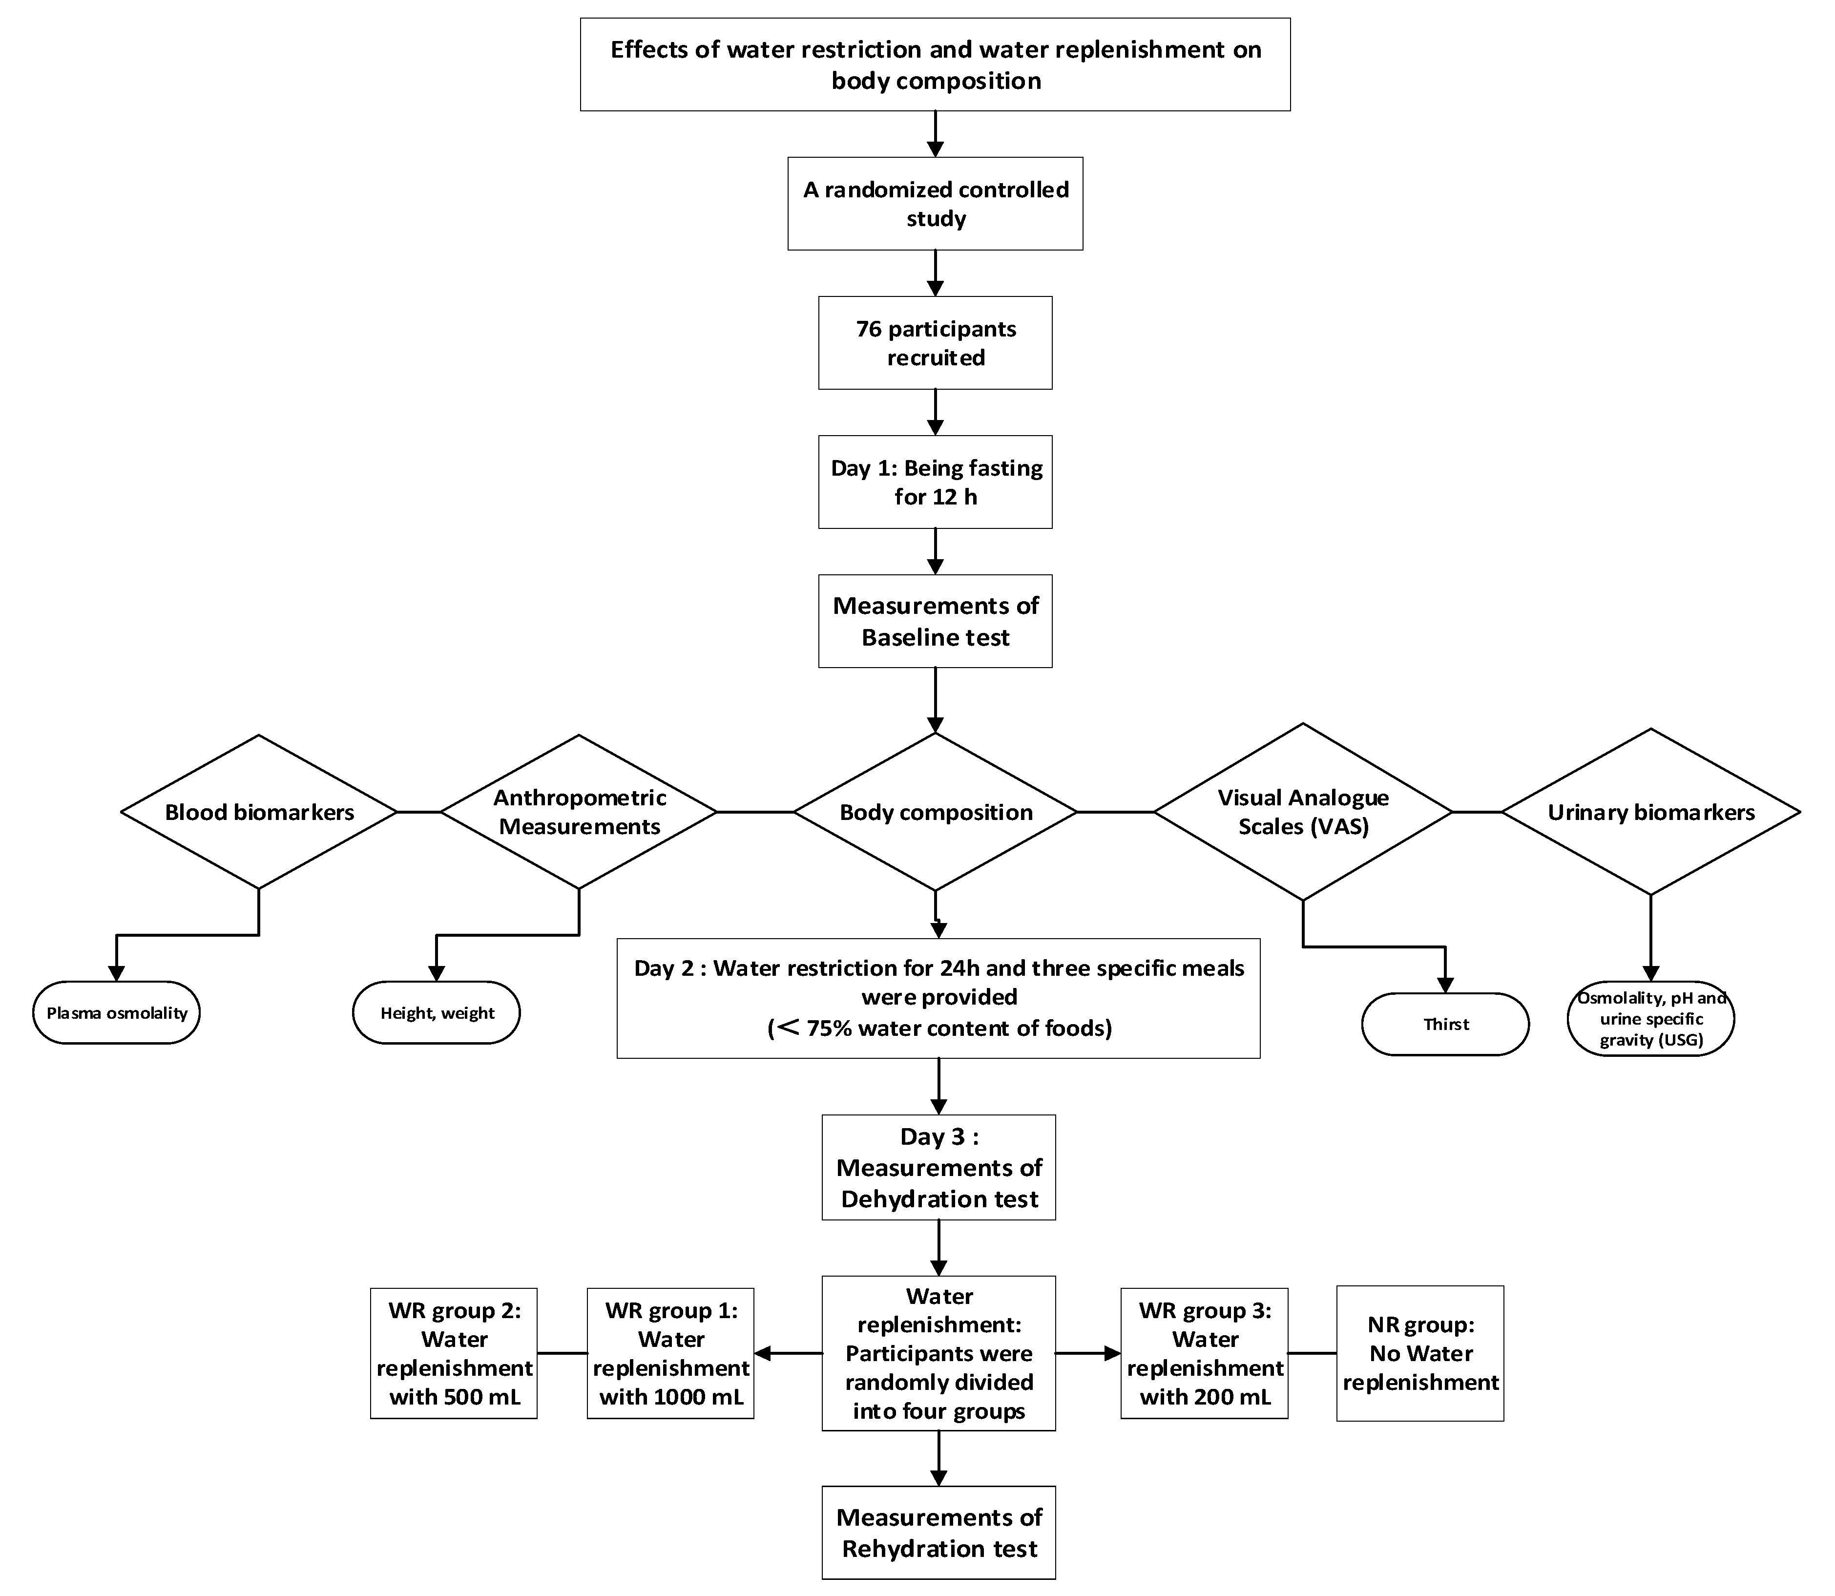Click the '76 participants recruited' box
pos(935,343)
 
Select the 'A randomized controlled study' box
pos(935,204)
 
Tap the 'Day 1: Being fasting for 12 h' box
pos(935,482)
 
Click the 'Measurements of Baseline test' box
pos(935,621)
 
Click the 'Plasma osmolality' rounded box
pos(117,1013)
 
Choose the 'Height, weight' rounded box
pos(436,1013)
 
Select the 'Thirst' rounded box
pos(1445,1024)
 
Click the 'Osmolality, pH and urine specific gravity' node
pos(1651,1019)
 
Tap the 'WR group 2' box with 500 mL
pos(454,1353)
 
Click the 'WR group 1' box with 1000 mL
pos(670,1353)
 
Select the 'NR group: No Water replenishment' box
pos(1420,1353)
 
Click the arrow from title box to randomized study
pos(935,134)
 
